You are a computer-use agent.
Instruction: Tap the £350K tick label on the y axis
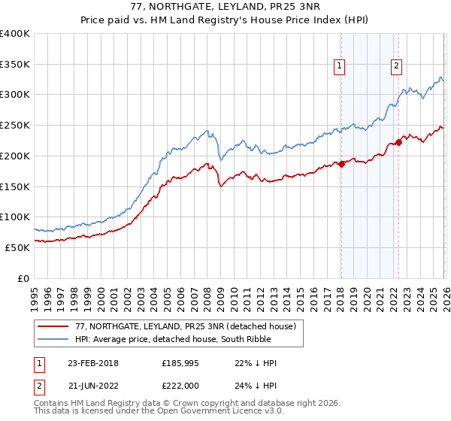pyautogui.click(x=15, y=65)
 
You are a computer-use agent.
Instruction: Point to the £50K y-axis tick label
pyautogui.click(x=17, y=247)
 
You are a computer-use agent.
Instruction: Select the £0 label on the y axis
pyautogui.click(x=23, y=278)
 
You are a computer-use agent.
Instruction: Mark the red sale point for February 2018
pyautogui.click(x=341, y=164)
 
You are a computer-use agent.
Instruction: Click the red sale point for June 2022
pyautogui.click(x=398, y=143)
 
